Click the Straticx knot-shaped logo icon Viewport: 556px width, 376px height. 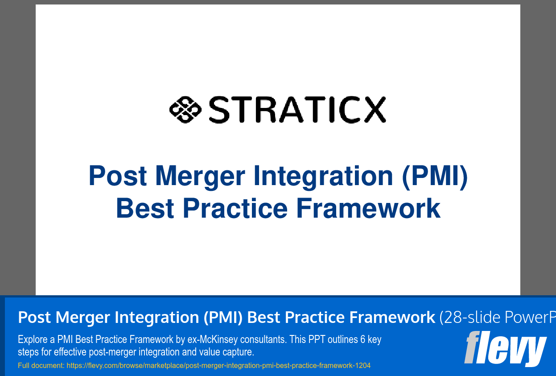click(185, 109)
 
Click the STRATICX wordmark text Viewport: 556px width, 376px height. click(297, 110)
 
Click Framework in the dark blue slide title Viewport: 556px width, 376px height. click(368, 208)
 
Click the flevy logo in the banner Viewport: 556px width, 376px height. click(506, 348)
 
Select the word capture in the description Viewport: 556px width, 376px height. click(239, 352)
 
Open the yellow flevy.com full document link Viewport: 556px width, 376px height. click(218, 366)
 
